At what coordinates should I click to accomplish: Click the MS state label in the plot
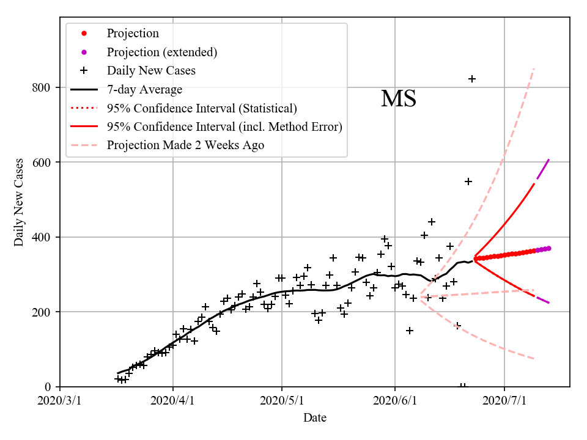(399, 99)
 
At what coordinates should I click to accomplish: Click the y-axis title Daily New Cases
(19, 202)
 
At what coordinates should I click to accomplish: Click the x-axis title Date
(315, 418)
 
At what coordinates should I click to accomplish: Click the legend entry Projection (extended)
(161, 52)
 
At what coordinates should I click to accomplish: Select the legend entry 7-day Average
(144, 89)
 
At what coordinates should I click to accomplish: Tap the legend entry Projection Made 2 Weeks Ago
(185, 145)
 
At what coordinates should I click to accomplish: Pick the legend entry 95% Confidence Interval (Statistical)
(202, 108)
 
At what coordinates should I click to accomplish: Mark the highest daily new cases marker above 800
(472, 79)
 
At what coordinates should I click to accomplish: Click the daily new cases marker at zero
(463, 386)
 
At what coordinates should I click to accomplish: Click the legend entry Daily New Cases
(151, 70)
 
